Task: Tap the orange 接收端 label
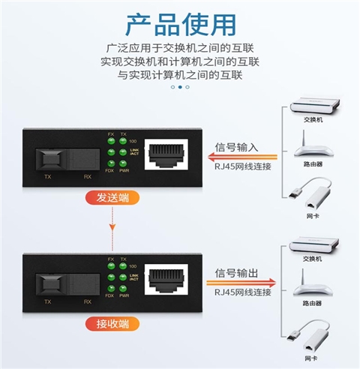pyautogui.click(x=113, y=324)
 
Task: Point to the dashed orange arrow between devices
pyautogui.click(x=113, y=225)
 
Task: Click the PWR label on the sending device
pyautogui.click(x=125, y=169)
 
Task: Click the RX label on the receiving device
pyautogui.click(x=87, y=302)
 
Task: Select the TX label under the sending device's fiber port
pyautogui.click(x=47, y=177)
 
